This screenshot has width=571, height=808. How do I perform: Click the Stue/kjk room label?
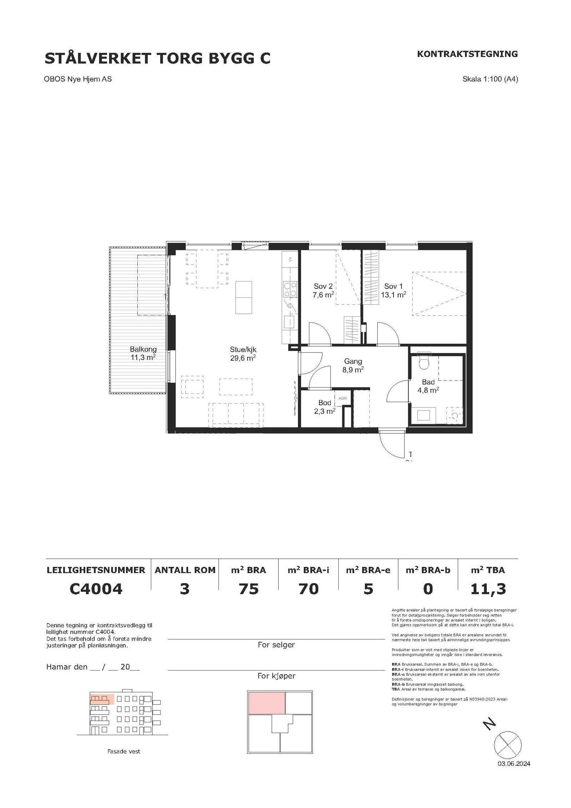tap(243, 354)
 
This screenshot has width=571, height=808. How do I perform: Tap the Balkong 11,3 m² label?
tap(143, 353)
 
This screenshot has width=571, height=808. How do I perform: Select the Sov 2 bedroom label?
tap(323, 290)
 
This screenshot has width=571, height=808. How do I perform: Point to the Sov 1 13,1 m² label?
tap(394, 290)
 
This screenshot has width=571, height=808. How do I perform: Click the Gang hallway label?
tap(353, 365)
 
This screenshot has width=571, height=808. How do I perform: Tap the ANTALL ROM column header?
tap(185, 570)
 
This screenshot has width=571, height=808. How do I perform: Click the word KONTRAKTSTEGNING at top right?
tap(467, 54)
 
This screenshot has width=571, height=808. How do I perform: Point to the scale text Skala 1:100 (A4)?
tap(490, 79)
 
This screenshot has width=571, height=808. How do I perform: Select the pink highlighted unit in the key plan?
tap(267, 703)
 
